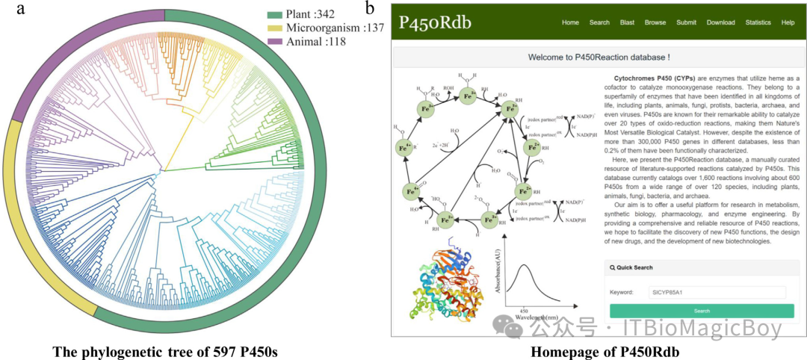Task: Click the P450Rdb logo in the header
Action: pos(435,22)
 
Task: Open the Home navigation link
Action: pos(570,22)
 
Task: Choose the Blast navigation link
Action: pos(627,22)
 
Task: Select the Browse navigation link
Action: pos(655,22)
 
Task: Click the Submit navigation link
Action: pos(686,22)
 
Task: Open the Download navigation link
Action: pos(720,22)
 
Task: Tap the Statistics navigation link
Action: pos(758,22)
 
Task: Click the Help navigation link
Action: pos(788,22)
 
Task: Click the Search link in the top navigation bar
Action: pos(599,22)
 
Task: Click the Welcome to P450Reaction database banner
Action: pos(599,57)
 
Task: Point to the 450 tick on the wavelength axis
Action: pos(524,308)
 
